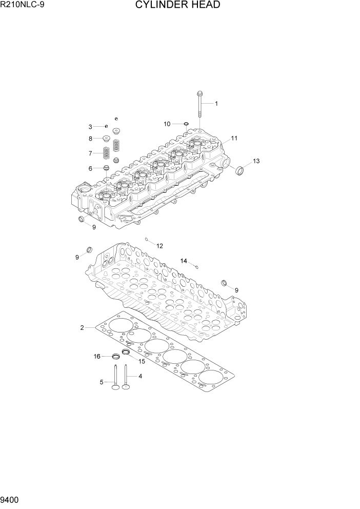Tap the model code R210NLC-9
point(23,6)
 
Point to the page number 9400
point(11,499)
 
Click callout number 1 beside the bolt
point(216,104)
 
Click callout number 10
point(167,124)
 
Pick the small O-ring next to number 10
point(187,124)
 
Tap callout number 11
point(234,139)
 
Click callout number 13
point(256,161)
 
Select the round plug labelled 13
point(238,170)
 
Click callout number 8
point(90,138)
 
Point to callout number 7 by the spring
point(90,153)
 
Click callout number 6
point(90,168)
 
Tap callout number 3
point(90,127)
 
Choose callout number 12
point(159,246)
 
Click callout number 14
point(184,261)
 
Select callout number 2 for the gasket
point(82,327)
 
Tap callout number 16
point(96,356)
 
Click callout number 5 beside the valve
point(102,382)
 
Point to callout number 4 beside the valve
point(140,376)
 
